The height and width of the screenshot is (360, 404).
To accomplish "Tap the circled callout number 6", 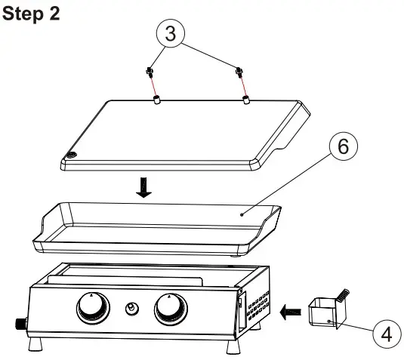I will (x=343, y=148).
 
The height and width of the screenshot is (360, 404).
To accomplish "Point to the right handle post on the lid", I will (x=245, y=99).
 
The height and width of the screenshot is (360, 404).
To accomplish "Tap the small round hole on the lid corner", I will (x=72, y=155).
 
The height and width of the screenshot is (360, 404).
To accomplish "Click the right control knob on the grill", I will (x=171, y=309).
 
